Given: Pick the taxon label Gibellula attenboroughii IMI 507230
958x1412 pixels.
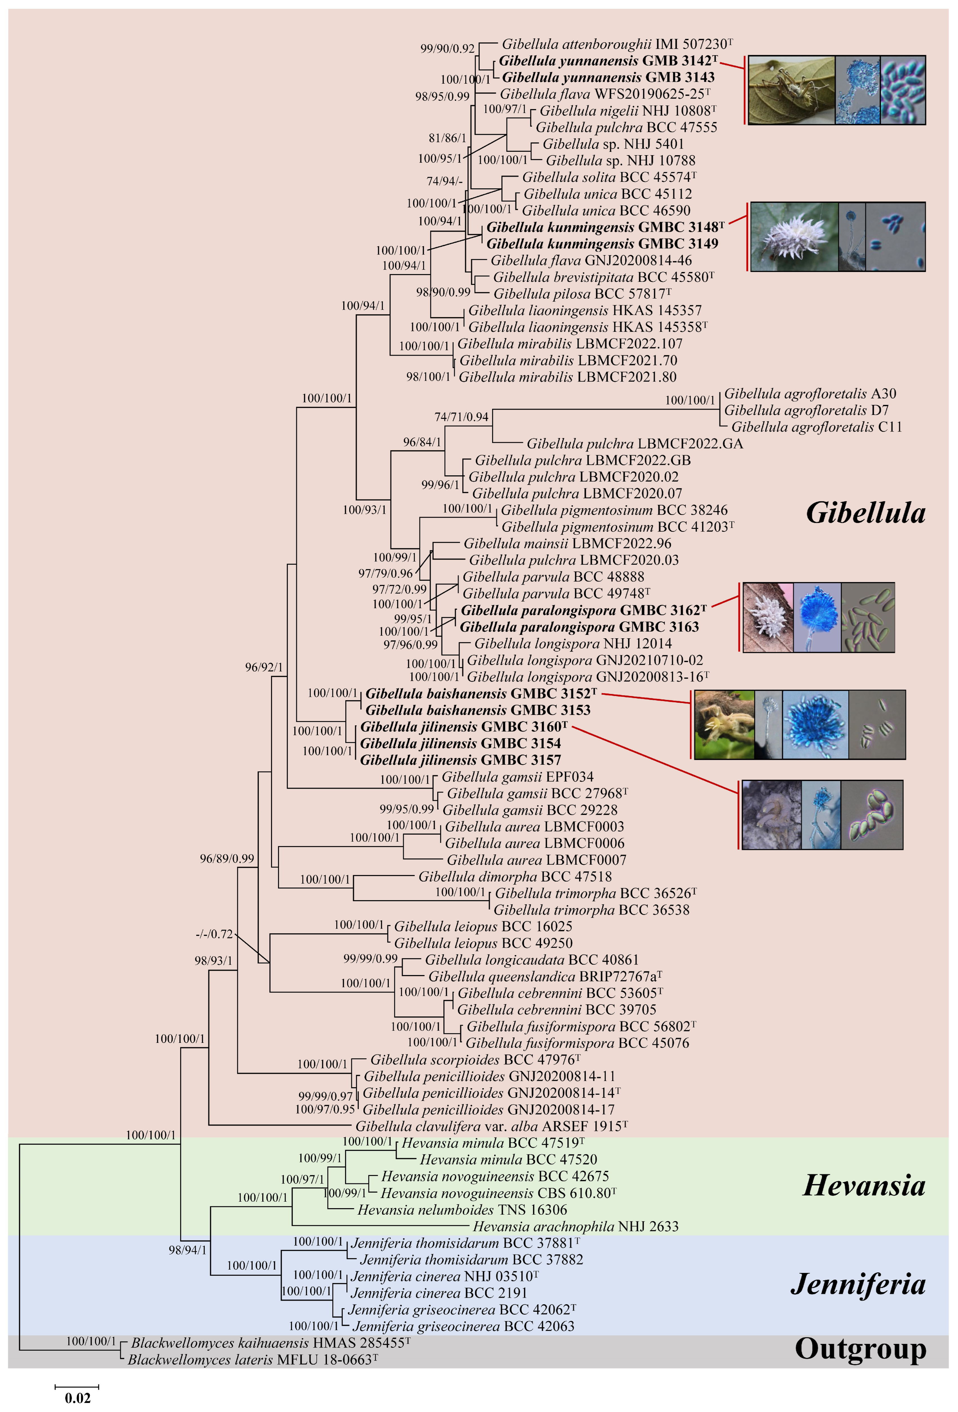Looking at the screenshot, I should pos(616,44).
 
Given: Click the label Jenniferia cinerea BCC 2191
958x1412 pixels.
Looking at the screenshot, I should pos(438,1293).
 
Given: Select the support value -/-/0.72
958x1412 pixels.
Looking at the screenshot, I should pos(214,934).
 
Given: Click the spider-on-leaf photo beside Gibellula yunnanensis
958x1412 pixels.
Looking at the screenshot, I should pos(791,90).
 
